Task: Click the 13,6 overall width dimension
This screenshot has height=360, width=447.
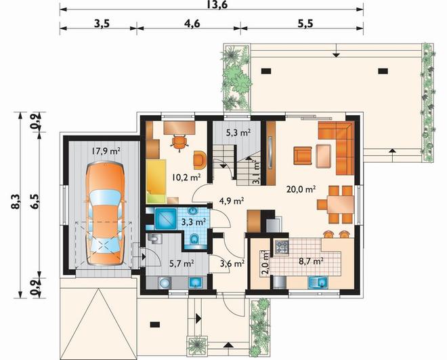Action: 219,5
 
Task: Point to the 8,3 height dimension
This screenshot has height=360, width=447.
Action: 17,201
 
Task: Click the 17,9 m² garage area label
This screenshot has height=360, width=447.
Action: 106,151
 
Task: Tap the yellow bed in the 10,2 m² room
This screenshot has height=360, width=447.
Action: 156,181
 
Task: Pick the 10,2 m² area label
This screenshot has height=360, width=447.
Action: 186,178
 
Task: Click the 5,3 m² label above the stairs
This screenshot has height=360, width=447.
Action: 238,132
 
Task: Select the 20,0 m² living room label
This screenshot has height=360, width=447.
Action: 301,189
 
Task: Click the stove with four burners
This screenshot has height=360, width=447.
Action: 282,247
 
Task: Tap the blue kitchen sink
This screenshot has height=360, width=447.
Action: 318,283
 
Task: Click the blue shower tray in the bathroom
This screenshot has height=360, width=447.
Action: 165,219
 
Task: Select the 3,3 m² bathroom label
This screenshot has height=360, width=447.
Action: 194,221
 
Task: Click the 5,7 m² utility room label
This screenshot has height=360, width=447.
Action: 182,263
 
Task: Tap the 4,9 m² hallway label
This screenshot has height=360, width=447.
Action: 231,201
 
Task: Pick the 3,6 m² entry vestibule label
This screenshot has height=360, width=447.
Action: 232,263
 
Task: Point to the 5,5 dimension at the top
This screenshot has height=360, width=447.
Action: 305,24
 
